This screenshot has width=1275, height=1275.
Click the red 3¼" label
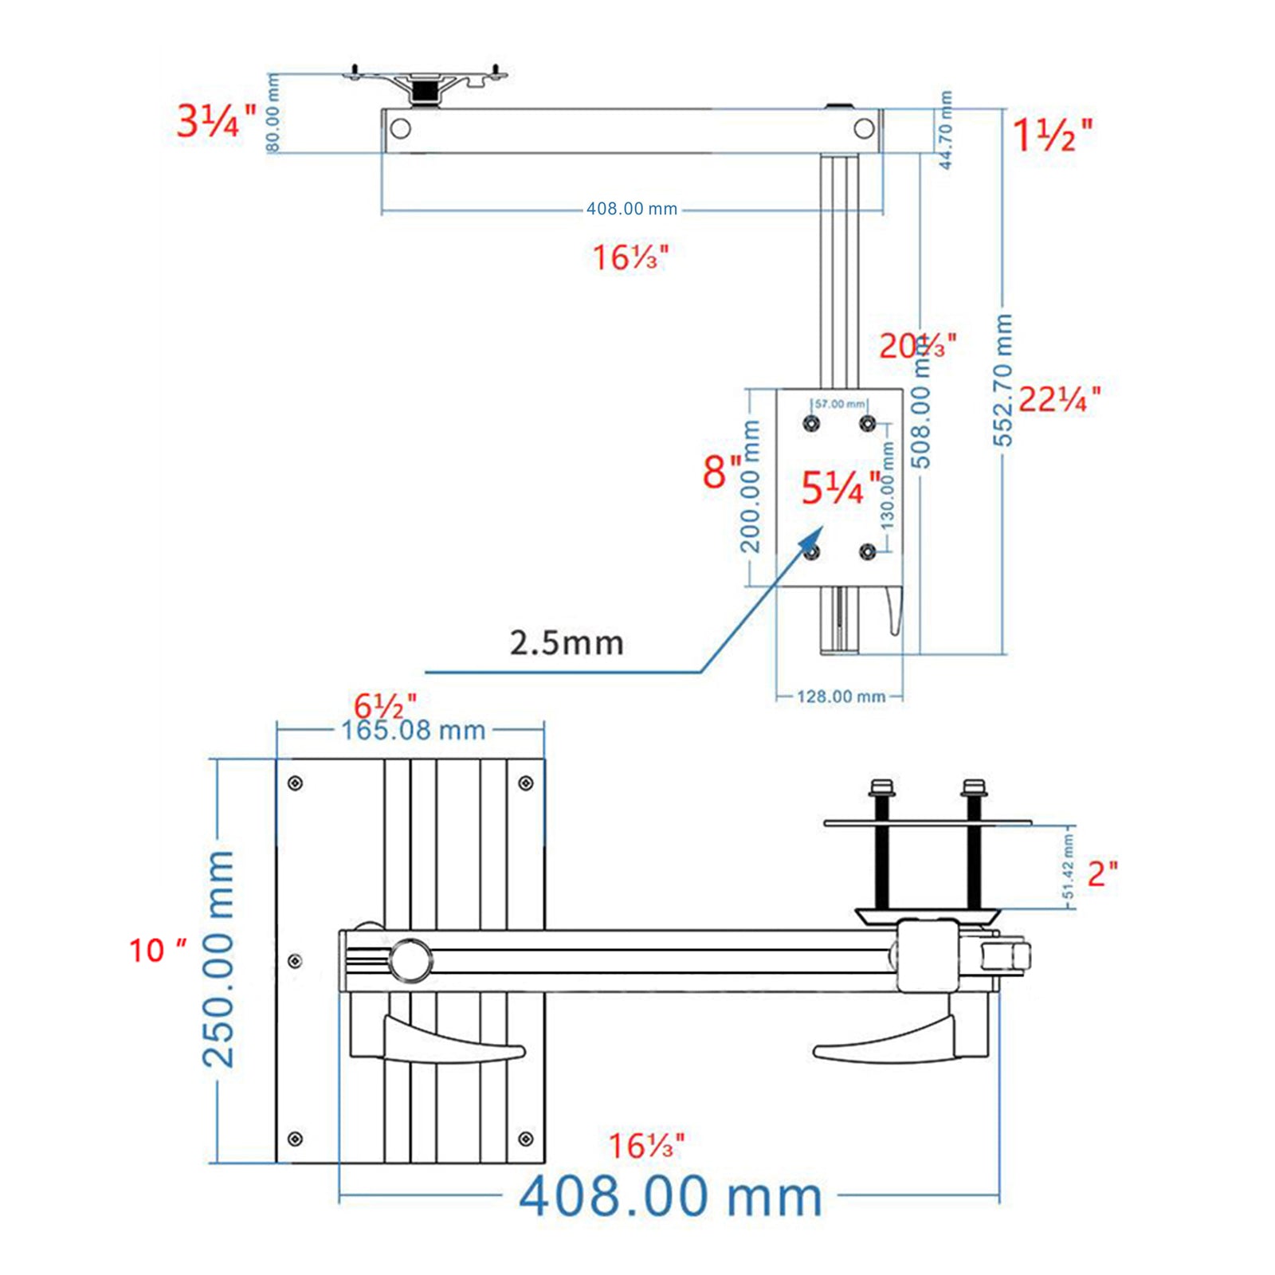(x=215, y=122)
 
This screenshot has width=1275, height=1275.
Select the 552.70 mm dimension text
(x=1002, y=380)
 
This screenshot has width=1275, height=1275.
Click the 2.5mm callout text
(x=566, y=643)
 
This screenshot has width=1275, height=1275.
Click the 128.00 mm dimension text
(x=841, y=696)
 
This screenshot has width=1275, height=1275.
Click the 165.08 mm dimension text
(x=413, y=731)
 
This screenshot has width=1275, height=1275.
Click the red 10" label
(x=158, y=950)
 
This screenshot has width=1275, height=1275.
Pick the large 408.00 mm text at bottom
(x=670, y=1197)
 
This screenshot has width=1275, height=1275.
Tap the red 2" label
(x=1102, y=874)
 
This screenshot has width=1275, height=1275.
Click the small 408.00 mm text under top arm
(x=631, y=209)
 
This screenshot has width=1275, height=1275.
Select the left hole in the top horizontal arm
(x=400, y=128)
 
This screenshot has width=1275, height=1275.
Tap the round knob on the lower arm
(x=410, y=959)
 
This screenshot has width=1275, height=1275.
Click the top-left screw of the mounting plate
(x=295, y=784)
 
